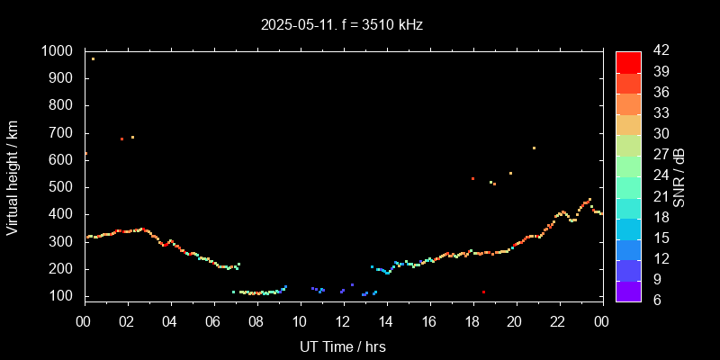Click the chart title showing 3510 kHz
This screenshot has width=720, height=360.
(342, 25)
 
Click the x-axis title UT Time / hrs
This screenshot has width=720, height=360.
(343, 346)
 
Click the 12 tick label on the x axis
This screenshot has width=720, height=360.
(343, 320)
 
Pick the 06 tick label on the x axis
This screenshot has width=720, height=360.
(213, 320)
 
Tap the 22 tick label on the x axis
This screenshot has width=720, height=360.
(559, 320)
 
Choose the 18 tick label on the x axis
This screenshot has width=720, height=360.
(472, 320)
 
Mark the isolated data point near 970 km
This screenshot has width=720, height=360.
(93, 58)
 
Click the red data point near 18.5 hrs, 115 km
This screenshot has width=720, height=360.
(483, 292)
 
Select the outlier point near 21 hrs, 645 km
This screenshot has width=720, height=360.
(534, 148)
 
